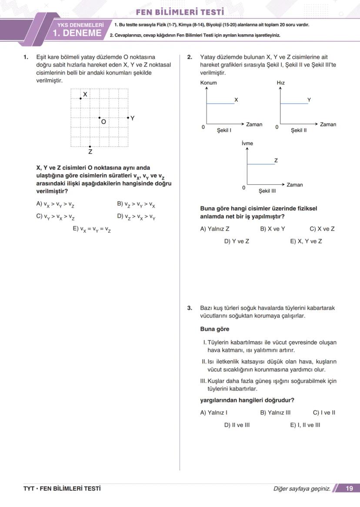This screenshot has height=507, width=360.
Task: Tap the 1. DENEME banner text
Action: coord(77,33)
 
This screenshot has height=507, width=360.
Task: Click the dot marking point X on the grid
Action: coord(80,99)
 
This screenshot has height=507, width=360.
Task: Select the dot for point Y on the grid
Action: coord(128,118)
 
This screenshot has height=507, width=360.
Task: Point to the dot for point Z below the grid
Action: coord(90,147)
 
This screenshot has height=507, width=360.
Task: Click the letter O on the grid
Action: coord(103,122)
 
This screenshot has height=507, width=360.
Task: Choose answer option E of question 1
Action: coord(92,229)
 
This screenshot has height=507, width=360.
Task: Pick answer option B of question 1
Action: coord(136,204)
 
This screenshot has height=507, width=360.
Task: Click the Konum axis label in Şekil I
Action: coord(208,83)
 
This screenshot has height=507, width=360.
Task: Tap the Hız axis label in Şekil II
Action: coord(280,83)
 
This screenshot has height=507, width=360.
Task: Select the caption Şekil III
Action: coord(267,191)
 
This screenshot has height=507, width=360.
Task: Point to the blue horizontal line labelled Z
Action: coord(260,164)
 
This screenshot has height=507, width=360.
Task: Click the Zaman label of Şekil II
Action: coord(328,124)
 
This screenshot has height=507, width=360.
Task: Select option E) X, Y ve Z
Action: coord(306,241)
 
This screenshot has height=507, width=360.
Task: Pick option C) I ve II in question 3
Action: coord(324,413)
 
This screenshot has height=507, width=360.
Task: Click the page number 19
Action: coord(349,488)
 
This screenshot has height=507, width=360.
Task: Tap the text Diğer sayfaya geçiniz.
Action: coord(301,489)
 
